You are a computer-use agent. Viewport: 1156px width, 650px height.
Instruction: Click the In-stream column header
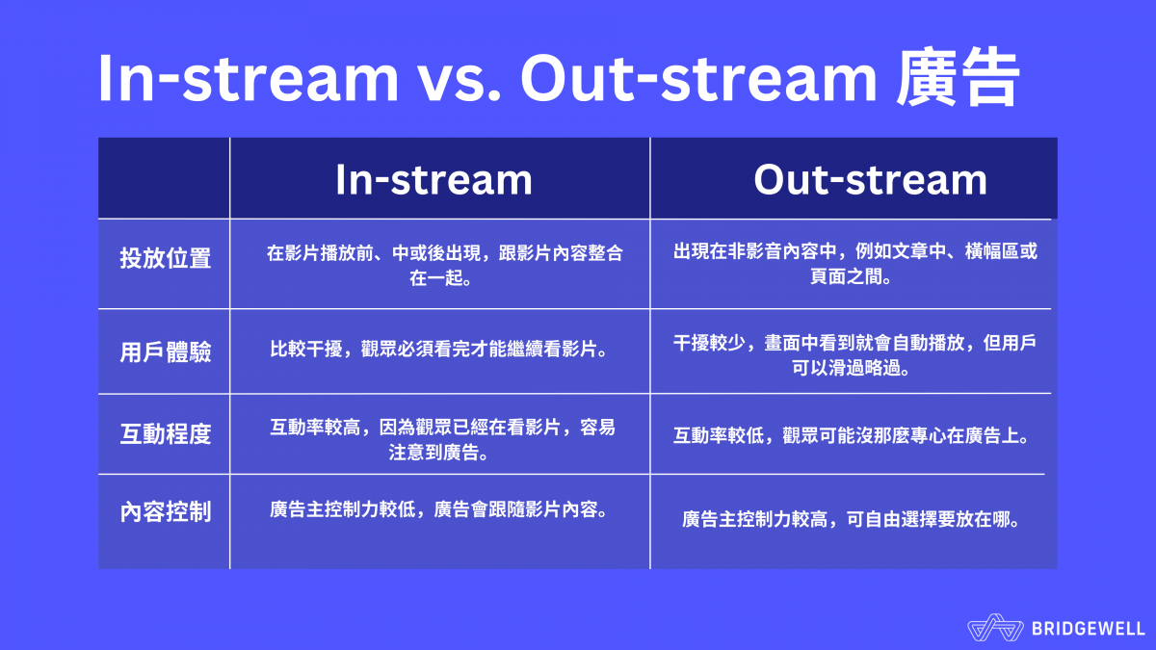point(433,180)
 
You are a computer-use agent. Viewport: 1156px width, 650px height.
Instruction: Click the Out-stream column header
point(870,180)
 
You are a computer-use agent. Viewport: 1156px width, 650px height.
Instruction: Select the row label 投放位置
point(165,259)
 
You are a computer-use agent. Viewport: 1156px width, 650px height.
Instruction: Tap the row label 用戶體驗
point(165,351)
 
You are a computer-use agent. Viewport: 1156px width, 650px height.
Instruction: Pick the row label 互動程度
point(165,433)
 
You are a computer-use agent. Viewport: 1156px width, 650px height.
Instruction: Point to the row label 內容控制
point(165,511)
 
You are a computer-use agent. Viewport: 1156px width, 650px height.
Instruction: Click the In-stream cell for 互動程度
point(442,439)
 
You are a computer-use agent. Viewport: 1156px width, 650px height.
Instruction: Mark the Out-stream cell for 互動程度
point(852,435)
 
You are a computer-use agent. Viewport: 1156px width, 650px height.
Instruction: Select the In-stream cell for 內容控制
point(438,509)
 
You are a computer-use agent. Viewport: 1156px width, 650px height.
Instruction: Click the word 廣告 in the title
point(957,81)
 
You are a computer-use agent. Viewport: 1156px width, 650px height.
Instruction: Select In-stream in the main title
point(248,81)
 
